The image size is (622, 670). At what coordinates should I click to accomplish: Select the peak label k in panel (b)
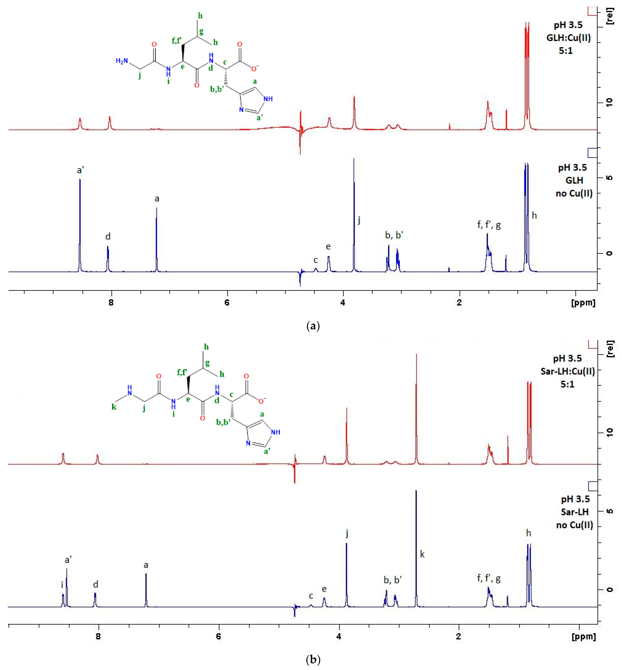pyautogui.click(x=422, y=554)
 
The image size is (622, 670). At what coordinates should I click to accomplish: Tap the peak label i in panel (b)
pyautogui.click(x=62, y=585)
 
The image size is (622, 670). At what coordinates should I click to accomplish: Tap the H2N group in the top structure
pyautogui.click(x=122, y=61)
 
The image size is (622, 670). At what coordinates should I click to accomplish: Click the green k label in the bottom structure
pyautogui.click(x=114, y=407)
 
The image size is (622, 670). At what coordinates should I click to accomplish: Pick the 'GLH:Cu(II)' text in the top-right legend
pyautogui.click(x=568, y=38)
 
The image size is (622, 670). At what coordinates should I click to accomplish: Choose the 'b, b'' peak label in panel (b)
pyautogui.click(x=392, y=580)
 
